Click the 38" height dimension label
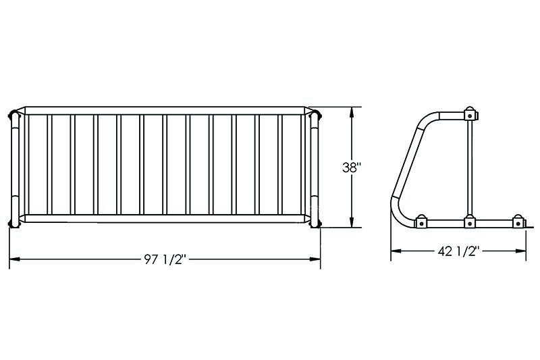(352, 168)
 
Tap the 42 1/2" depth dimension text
(459, 251)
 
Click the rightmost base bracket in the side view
(518, 221)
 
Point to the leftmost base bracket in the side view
(421, 221)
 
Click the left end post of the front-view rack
(15, 168)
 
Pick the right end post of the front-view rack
(314, 168)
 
